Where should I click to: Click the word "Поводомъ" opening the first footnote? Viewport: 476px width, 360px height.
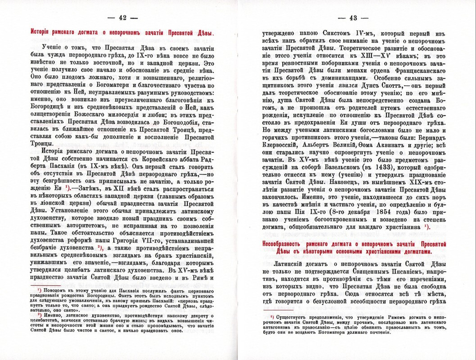(59, 289)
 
